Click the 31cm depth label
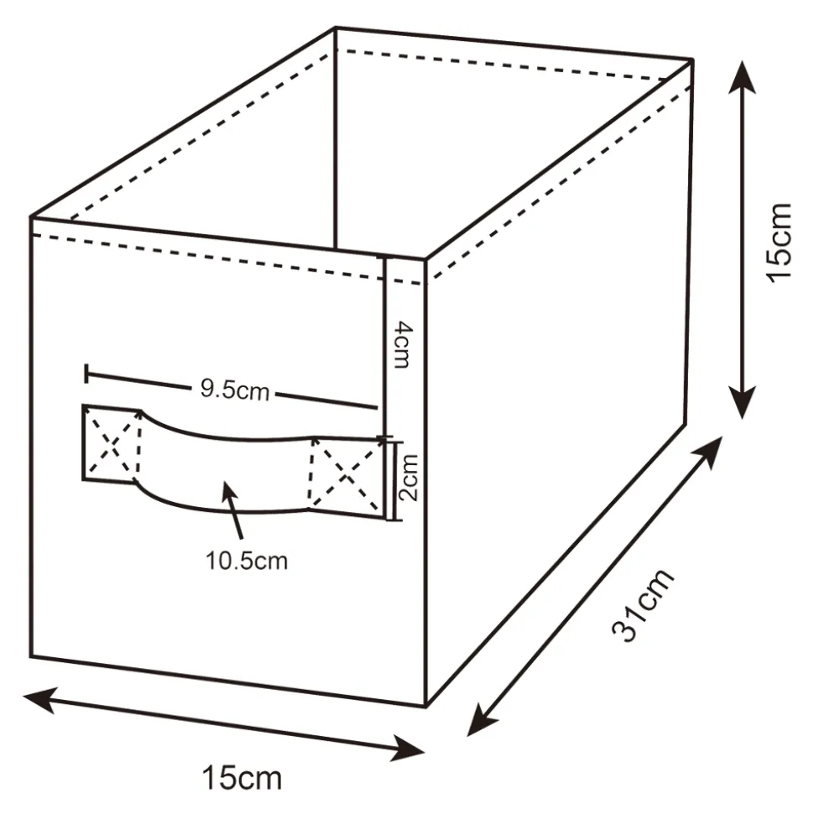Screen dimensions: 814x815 click(643, 604)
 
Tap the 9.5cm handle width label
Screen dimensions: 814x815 click(234, 389)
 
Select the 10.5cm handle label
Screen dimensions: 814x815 click(247, 561)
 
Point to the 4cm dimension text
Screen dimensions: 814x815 click(403, 345)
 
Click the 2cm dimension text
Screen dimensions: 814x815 click(408, 478)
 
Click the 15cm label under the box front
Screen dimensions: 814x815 click(242, 778)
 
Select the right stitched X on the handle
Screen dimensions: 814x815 click(347, 474)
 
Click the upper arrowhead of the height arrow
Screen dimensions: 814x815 click(741, 76)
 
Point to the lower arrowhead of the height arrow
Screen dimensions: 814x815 click(742, 403)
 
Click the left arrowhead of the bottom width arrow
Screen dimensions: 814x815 click(39, 700)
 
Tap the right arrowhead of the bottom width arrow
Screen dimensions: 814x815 click(409, 749)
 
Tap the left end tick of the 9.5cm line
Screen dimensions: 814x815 click(86, 374)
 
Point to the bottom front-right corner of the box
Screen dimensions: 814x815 click(426, 707)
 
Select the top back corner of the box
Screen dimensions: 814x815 click(336, 27)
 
